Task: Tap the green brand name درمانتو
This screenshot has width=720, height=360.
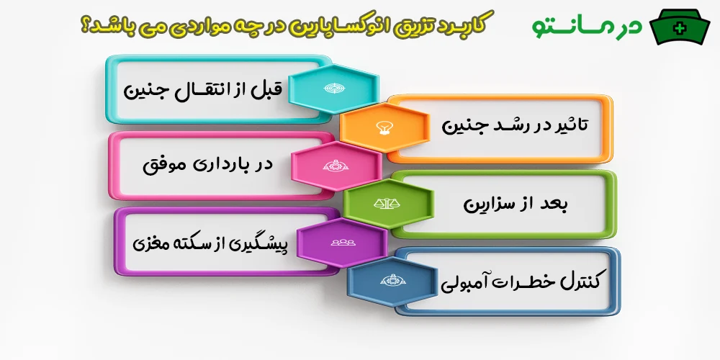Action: (x=587, y=25)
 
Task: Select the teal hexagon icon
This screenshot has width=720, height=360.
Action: (x=333, y=88)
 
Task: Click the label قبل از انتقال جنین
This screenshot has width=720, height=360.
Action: (x=205, y=90)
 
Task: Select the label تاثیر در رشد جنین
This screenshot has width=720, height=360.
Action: (x=515, y=125)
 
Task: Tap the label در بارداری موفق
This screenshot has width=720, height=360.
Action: (x=208, y=165)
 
